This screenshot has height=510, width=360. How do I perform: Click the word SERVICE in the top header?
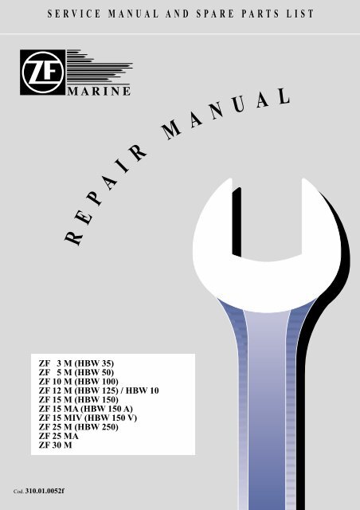[x=74, y=14]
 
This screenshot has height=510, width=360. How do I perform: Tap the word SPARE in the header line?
[x=215, y=14]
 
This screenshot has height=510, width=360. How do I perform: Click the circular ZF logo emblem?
[x=42, y=73]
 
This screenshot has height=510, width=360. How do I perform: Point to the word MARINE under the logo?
[x=99, y=91]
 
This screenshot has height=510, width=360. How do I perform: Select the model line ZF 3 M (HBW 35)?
[x=76, y=363]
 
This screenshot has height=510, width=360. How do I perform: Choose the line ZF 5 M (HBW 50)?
[x=76, y=372]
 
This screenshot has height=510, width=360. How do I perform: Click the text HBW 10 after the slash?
[x=142, y=390]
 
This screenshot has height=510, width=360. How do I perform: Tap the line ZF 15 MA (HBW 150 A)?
[x=86, y=409]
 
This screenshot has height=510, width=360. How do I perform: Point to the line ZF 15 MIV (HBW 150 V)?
[x=88, y=418]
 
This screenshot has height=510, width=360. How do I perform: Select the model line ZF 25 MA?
[x=58, y=436]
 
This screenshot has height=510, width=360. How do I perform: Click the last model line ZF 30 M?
[x=55, y=445]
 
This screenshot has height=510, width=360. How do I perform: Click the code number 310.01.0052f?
[x=45, y=491]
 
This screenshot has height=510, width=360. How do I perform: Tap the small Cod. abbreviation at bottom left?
[x=18, y=492]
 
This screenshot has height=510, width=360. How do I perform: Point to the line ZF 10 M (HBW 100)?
[x=78, y=382]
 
